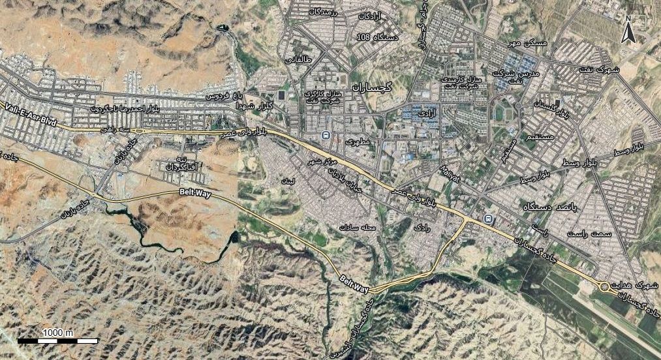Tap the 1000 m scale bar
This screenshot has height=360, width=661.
point(57,340)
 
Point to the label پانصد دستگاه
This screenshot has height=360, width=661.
point(549,206)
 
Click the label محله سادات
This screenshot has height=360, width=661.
point(356,227)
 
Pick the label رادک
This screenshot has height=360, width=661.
point(422,228)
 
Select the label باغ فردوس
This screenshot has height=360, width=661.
point(221,96)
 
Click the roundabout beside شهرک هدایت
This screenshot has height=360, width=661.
point(605,286)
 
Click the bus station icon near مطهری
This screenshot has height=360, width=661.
point(324,135)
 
